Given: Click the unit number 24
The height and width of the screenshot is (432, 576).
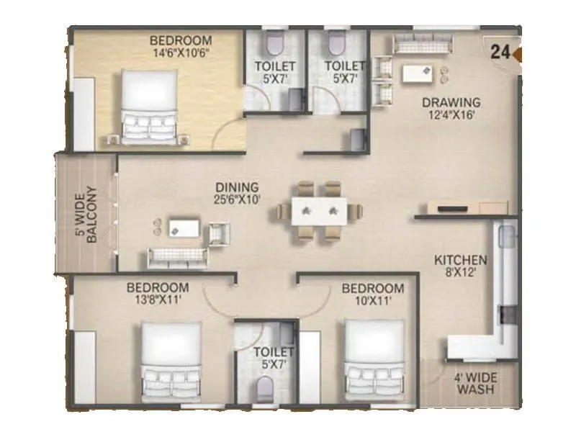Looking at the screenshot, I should pyautogui.click(x=501, y=51).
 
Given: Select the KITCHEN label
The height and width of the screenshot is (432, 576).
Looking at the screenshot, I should pyautogui.click(x=461, y=259).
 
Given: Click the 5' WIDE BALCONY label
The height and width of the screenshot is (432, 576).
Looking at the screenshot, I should pyautogui.click(x=85, y=214).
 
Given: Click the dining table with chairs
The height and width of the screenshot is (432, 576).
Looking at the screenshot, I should pyautogui.click(x=318, y=210).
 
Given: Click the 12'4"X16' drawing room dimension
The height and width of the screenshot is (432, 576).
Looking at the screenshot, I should pyautogui.click(x=451, y=114).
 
